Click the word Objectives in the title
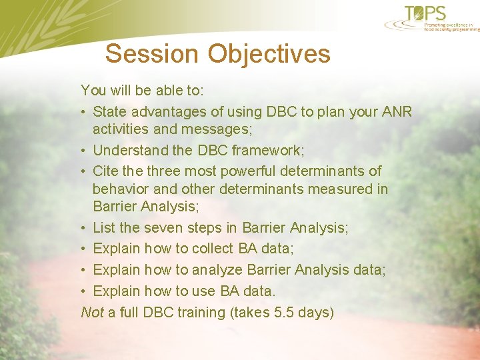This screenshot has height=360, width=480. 269,54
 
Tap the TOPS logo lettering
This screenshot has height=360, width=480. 434,13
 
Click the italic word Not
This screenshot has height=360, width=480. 91,312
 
